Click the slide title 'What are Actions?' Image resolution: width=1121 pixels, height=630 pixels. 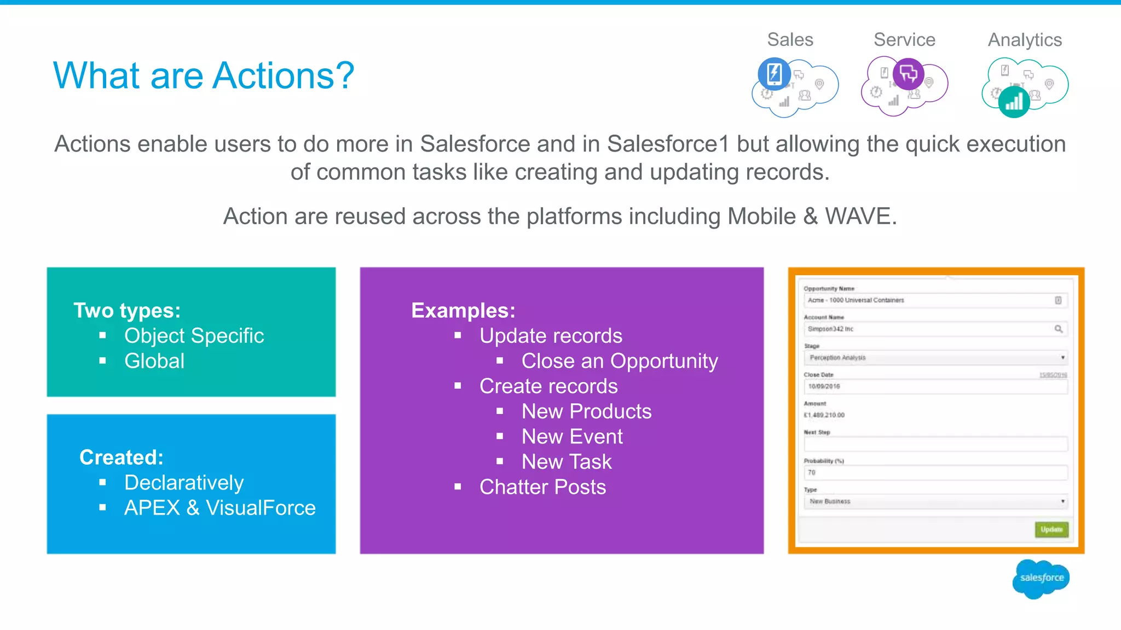click(204, 75)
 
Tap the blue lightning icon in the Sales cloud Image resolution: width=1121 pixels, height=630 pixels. click(774, 73)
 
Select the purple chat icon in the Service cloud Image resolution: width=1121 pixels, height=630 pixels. click(909, 73)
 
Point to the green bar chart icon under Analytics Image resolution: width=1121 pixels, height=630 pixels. click(1014, 102)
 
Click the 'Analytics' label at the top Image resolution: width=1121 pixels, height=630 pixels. click(1025, 40)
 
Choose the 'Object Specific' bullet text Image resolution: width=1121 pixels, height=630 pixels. click(194, 336)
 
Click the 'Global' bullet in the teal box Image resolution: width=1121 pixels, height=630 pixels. click(154, 361)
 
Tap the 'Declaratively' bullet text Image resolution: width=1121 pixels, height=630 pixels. click(184, 482)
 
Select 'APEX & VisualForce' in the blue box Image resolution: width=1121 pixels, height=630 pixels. click(220, 507)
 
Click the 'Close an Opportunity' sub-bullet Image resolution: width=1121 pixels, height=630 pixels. click(620, 361)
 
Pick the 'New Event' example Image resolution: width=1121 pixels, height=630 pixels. click(572, 436)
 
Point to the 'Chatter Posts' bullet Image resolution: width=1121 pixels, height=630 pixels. click(542, 487)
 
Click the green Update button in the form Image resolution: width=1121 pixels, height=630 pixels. click(1051, 529)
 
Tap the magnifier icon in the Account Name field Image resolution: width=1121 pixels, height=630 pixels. click(1059, 329)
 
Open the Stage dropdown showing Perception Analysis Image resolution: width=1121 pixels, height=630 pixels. click(935, 358)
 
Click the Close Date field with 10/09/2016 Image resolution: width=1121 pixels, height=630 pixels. click(935, 387)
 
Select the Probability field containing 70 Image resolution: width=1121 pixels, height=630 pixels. click(935, 472)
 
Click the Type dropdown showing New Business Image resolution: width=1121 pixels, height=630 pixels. click(935, 501)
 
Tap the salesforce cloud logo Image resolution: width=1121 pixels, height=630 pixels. click(1041, 578)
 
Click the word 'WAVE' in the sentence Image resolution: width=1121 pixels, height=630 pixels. click(858, 217)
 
